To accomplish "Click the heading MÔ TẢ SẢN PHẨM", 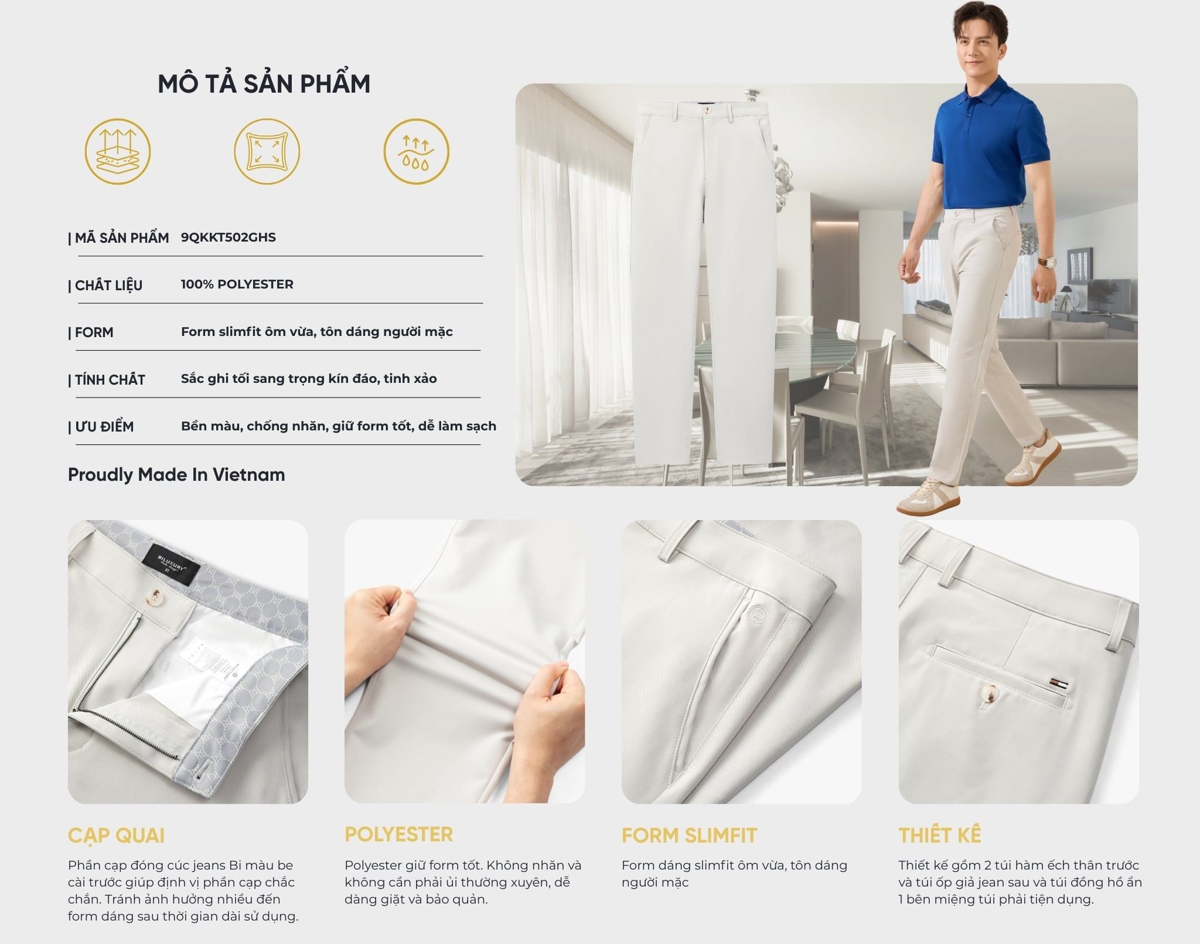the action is pos(264,84).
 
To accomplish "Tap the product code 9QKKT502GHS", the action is pos(229,237).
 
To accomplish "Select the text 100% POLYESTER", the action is pos(237,284).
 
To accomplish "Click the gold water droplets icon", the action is pos(416,151).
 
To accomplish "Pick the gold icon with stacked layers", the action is pos(118,151).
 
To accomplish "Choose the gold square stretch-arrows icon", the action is pos(267,151).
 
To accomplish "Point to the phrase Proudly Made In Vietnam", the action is pos(176,474).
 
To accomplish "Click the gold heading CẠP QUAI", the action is pos(116,836).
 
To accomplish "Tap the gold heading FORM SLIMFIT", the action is pos(690,836).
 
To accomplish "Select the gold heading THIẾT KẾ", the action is pos(940,835).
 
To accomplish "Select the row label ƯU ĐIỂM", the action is pos(101,427).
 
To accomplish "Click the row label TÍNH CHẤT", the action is pos(107,380).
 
